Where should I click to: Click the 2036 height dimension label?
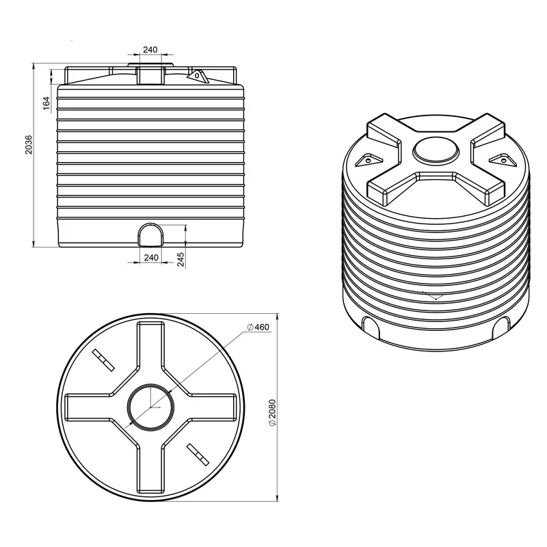point(28,144)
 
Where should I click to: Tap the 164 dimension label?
point(46,103)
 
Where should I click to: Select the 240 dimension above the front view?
point(150,49)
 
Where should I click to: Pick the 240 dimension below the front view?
point(151,258)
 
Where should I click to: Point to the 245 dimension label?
point(181,259)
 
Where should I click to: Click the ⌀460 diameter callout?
point(258,327)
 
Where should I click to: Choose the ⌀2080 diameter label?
point(272,412)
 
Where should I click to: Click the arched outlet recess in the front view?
point(150,235)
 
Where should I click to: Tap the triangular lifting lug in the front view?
point(198,76)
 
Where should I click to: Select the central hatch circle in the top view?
point(150,384)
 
